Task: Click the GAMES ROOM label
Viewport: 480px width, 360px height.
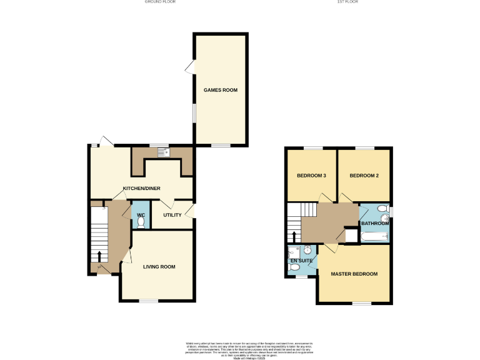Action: [221, 90]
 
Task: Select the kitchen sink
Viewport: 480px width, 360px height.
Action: [162, 151]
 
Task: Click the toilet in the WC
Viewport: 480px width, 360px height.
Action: [141, 221]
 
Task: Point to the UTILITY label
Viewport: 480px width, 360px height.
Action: [172, 215]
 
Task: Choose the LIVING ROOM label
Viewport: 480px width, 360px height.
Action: [159, 267]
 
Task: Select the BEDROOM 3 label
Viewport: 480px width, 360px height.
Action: [311, 176]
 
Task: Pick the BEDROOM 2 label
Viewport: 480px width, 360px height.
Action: [364, 176]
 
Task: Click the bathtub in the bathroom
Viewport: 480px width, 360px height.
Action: [374, 236]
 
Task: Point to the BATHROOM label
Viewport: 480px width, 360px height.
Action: [374, 223]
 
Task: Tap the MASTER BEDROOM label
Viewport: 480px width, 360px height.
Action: [354, 274]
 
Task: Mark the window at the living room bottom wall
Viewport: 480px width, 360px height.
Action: [148, 301]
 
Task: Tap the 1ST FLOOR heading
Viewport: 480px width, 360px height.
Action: [347, 2]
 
